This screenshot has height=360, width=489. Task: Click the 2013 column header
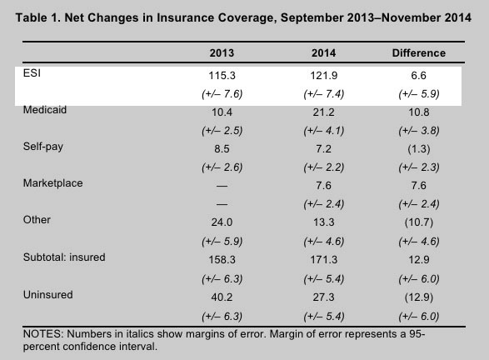(222, 53)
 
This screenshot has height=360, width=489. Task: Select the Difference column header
(419, 53)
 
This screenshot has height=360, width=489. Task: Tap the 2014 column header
(324, 53)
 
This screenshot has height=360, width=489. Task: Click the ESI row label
(32, 73)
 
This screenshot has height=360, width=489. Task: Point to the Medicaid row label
(45, 110)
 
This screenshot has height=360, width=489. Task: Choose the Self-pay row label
(43, 147)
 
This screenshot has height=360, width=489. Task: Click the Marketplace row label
(53, 183)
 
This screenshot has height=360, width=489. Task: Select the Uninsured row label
(48, 294)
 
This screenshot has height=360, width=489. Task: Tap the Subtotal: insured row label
(64, 257)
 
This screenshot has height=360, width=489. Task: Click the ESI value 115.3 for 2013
(222, 76)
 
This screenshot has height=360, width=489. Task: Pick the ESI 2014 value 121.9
(324, 76)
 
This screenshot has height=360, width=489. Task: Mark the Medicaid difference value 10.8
(419, 112)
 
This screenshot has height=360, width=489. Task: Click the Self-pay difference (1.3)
(419, 149)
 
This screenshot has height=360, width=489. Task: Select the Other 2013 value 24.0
(222, 222)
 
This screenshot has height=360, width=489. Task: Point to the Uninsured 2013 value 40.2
(222, 297)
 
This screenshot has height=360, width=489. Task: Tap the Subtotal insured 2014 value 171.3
(324, 259)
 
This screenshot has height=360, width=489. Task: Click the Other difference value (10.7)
(419, 222)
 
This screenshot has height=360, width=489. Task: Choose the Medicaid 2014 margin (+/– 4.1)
(324, 131)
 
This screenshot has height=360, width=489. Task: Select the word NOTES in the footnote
(43, 334)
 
